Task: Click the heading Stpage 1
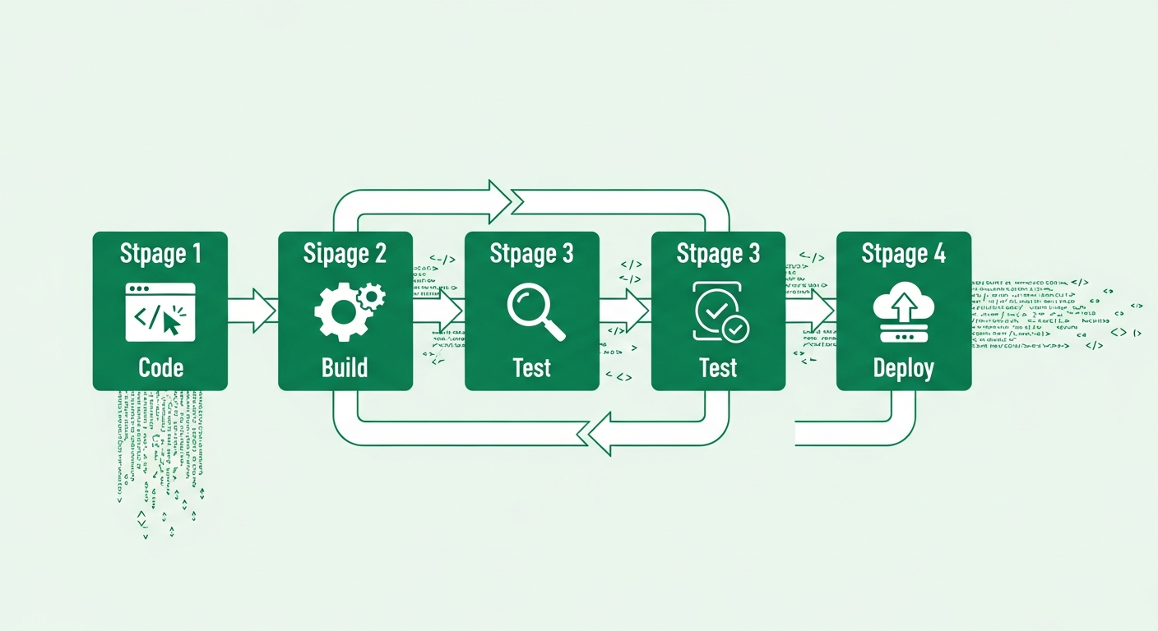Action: pyautogui.click(x=160, y=254)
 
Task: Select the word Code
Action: pyautogui.click(x=160, y=366)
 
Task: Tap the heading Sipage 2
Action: pyautogui.click(x=345, y=254)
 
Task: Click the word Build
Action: pyautogui.click(x=345, y=366)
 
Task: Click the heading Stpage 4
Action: pyautogui.click(x=903, y=254)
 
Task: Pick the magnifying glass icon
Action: pyautogui.click(x=535, y=311)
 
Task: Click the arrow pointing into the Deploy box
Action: pyautogui.click(x=812, y=311)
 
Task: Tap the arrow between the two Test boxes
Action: pyautogui.click(x=625, y=311)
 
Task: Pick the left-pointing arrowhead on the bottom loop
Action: pyautogui.click(x=600, y=433)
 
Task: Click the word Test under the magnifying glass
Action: pyautogui.click(x=531, y=367)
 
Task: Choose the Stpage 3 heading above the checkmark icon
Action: pyautogui.click(x=718, y=254)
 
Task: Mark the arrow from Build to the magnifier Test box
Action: pyautogui.click(x=439, y=311)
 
